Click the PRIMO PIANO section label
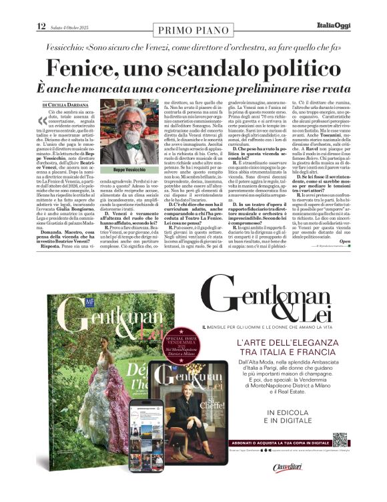(x=193, y=29)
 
